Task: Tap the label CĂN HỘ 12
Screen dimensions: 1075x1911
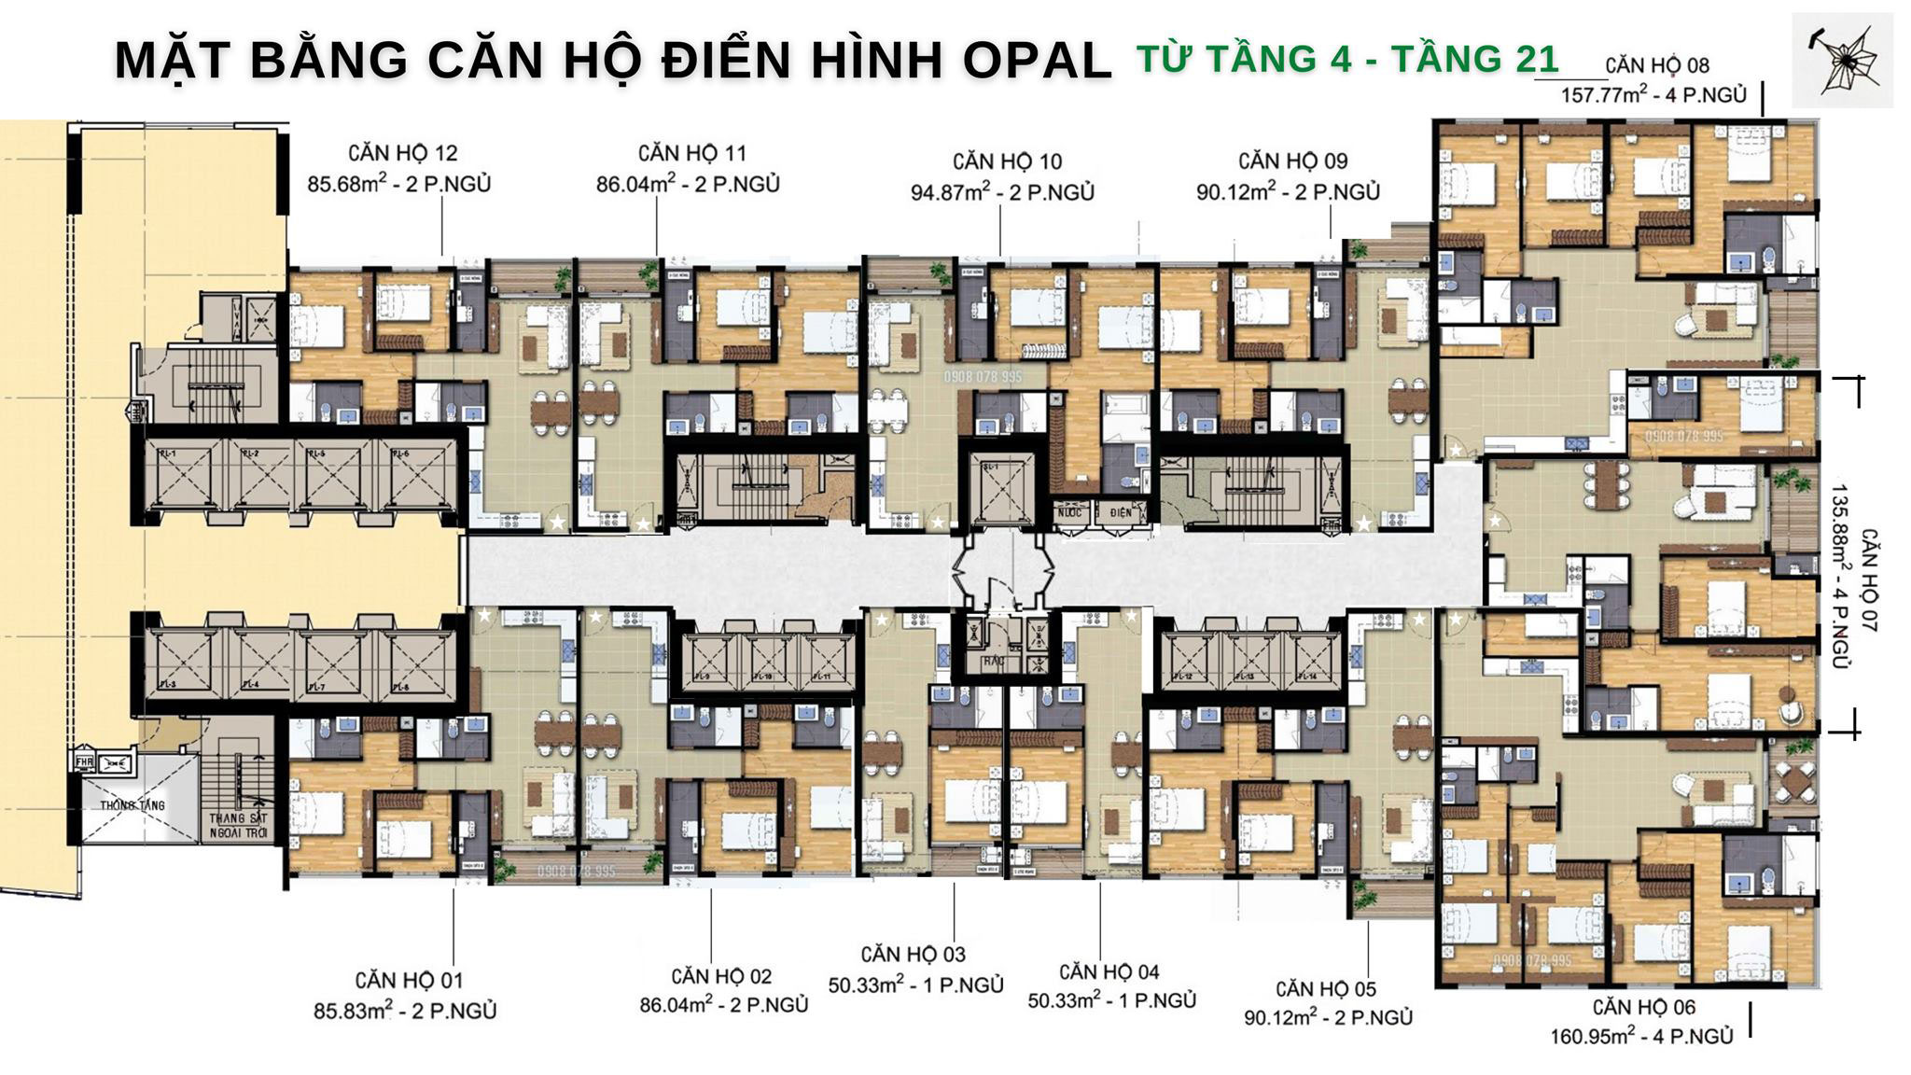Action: point(402,153)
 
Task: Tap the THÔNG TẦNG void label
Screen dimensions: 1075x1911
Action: point(133,804)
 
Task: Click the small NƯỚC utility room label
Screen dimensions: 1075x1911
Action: point(1069,512)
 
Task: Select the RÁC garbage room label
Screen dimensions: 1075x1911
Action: point(992,663)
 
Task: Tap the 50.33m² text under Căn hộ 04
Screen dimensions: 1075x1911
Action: point(1062,1001)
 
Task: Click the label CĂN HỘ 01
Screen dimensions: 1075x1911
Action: point(409,981)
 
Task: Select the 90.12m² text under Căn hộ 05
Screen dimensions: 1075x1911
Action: point(1279,1017)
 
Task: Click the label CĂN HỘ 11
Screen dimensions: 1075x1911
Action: point(691,153)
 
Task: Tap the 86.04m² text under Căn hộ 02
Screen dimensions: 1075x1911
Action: point(676,1006)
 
